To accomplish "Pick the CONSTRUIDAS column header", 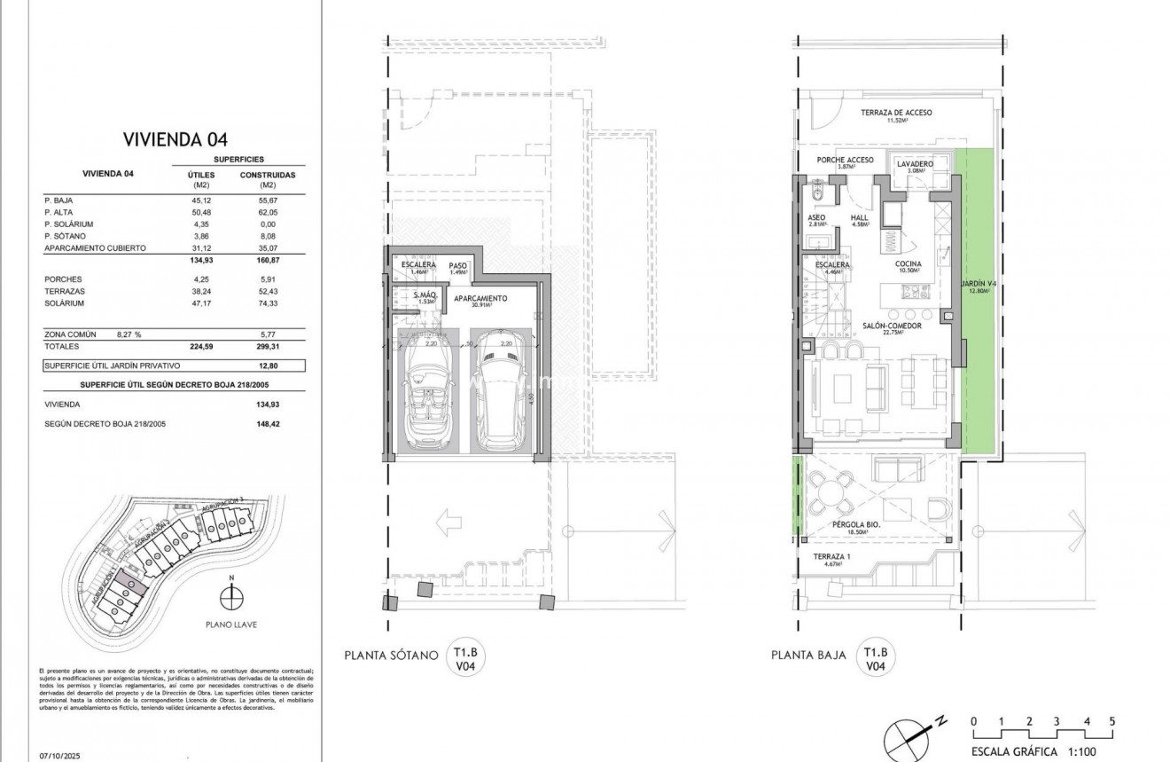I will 268,175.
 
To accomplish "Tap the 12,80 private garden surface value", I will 268,365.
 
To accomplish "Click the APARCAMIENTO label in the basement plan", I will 480,299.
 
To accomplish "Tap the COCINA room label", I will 908,263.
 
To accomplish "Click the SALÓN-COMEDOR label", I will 892,326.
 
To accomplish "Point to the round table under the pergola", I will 831,492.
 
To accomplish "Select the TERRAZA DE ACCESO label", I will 896,113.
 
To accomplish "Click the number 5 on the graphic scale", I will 1111,721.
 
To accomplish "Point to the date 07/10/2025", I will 59,756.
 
